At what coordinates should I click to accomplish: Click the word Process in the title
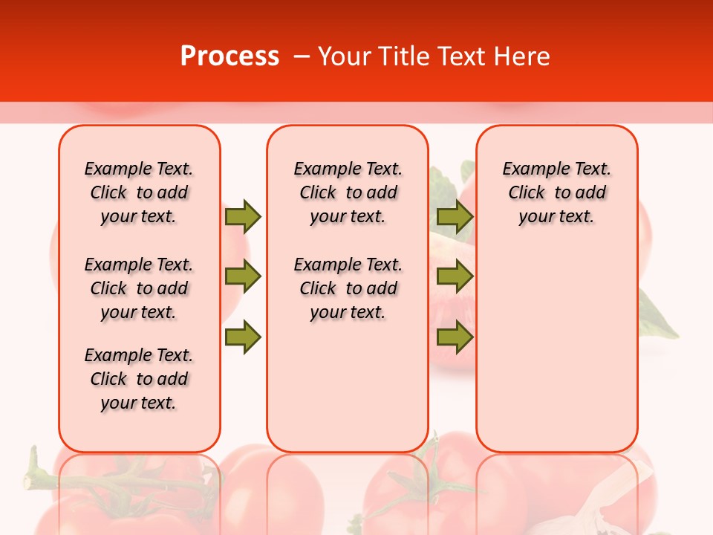[229, 56]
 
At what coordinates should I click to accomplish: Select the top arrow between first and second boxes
[243, 216]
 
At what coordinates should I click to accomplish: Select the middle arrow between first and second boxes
[243, 276]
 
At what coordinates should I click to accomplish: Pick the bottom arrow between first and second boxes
[243, 337]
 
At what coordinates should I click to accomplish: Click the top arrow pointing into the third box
[455, 216]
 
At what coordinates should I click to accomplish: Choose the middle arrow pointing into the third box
[455, 276]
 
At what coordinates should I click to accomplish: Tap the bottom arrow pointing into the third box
[455, 337]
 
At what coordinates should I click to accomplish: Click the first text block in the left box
[139, 192]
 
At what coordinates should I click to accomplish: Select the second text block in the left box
[139, 288]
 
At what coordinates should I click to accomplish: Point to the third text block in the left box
[139, 379]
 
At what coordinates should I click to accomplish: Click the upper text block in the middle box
[348, 192]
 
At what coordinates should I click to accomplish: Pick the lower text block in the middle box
[348, 288]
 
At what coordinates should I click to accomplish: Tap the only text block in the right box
[556, 192]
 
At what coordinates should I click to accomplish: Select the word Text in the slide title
[463, 56]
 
